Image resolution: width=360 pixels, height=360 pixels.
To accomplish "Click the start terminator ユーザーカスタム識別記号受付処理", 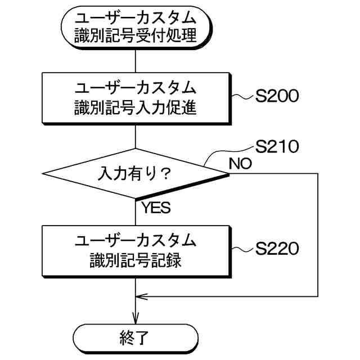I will (x=136, y=28).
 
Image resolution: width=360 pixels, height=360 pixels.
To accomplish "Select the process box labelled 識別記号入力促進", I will (x=136, y=98).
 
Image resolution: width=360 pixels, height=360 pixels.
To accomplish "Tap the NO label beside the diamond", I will (x=240, y=164).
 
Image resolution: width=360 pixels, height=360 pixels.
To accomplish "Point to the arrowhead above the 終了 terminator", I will (x=136, y=318).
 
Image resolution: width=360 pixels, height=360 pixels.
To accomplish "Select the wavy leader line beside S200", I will (x=243, y=97).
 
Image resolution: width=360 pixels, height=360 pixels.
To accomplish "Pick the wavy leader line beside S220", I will (x=243, y=249).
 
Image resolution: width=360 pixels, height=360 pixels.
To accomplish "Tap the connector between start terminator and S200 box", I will (x=136, y=61).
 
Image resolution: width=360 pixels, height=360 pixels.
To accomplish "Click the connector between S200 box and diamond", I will (x=136, y=137).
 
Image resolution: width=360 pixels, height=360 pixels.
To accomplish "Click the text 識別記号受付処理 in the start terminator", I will (x=136, y=37).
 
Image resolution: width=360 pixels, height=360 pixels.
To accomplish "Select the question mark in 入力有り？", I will (x=165, y=173).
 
